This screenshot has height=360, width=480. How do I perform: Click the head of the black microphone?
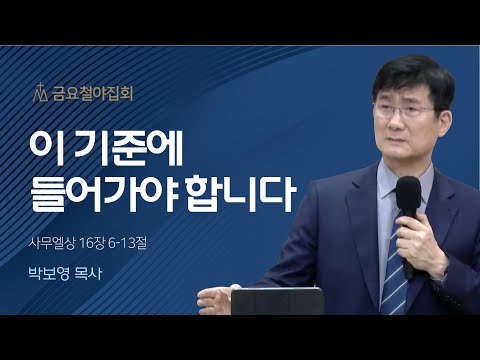[408, 195]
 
